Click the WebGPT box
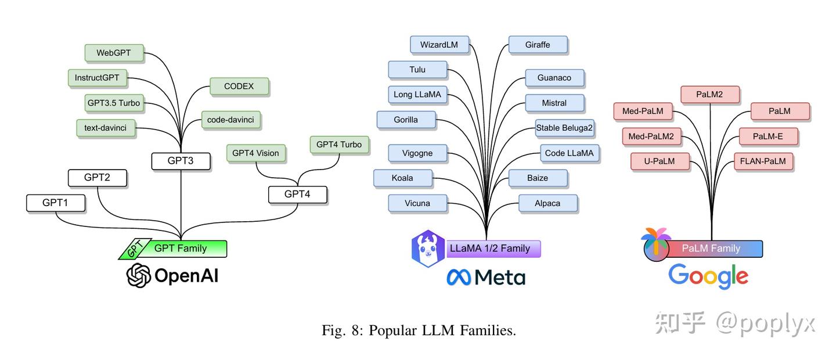114,53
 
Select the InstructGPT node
97,78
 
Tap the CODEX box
239,87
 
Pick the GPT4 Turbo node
339,145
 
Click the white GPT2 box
97,178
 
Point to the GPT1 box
56,203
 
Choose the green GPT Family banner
180,249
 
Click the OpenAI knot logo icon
139,275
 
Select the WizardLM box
439,45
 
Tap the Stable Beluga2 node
565,128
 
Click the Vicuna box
417,203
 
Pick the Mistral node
554,103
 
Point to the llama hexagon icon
428,249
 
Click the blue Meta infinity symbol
459,277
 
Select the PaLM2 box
709,95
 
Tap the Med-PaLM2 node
651,136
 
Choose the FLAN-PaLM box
763,161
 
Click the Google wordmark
708,276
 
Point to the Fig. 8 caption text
419,331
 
